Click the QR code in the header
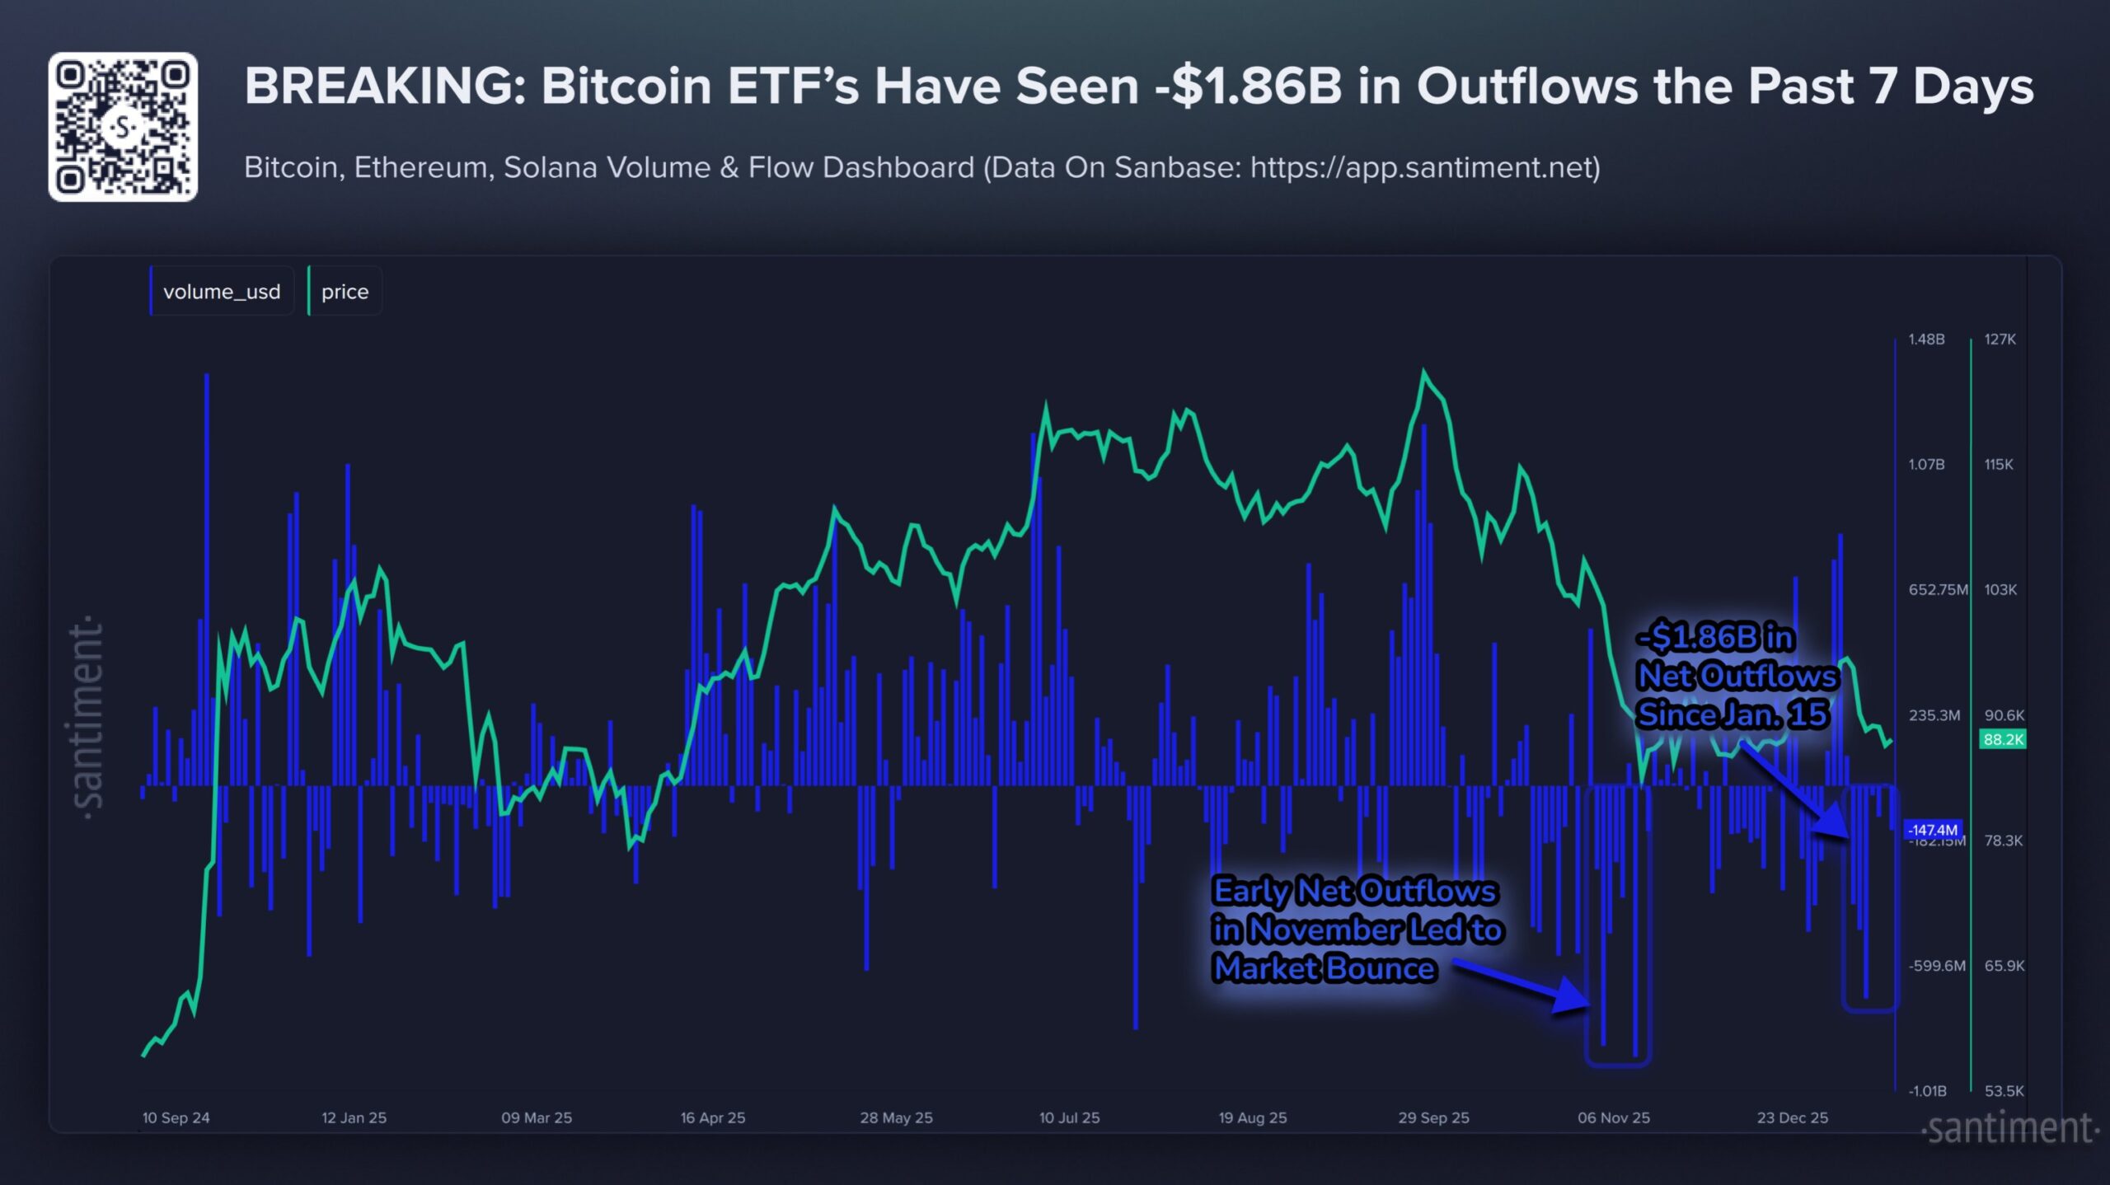123,127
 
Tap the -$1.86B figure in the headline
1248,86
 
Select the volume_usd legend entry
221,292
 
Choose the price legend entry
345,292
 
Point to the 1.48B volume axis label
1926,340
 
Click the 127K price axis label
2000,340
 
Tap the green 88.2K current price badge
2002,739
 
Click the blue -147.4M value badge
1932,830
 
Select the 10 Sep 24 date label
176,1117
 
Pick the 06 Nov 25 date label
1613,1117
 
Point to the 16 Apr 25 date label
712,1117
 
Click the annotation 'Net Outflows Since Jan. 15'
1737,677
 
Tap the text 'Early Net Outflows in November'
1356,911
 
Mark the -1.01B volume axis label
1927,1091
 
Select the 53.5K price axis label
2003,1091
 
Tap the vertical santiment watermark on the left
87,717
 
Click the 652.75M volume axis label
1937,590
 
